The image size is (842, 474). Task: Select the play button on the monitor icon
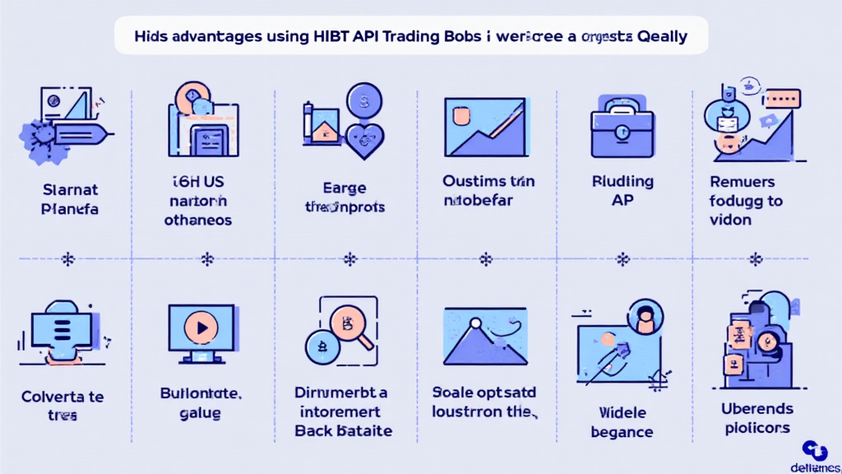(201, 326)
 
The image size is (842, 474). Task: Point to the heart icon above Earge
(360, 139)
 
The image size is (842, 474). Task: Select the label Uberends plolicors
(757, 418)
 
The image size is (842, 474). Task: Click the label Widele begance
(622, 421)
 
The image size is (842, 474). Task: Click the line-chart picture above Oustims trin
(484, 127)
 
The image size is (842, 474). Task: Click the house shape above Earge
(324, 129)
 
